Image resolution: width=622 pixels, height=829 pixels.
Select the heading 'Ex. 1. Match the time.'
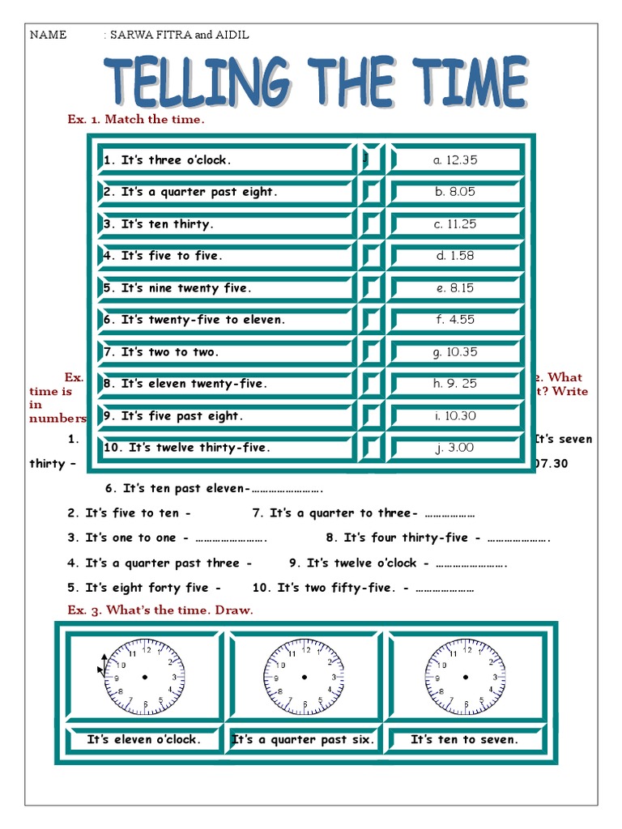click(x=136, y=119)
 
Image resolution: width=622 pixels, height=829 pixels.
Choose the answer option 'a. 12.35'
click(x=455, y=160)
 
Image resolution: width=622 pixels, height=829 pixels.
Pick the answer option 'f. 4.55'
click(x=455, y=320)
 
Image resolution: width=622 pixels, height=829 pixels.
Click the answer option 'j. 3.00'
click(x=455, y=448)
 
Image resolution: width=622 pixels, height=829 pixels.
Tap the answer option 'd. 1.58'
click(x=455, y=256)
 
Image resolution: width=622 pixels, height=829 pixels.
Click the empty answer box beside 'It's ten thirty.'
click(x=371, y=224)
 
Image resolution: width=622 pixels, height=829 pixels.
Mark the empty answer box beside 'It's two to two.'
click(x=371, y=352)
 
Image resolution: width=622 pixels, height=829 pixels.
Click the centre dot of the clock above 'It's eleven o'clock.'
click(x=145, y=677)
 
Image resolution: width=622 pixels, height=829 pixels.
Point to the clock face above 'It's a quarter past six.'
click(x=303, y=677)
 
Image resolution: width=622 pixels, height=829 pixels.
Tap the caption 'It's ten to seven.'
click(x=464, y=739)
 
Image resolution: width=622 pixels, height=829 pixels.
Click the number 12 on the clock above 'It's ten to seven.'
click(x=466, y=648)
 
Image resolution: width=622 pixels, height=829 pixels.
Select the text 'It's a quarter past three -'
click(x=160, y=563)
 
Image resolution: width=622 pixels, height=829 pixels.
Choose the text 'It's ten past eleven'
click(x=174, y=488)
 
